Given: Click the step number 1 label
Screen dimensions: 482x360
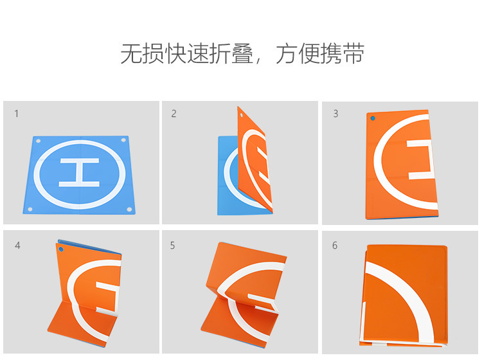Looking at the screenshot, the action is click(16, 114).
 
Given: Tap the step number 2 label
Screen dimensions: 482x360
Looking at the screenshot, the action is click(174, 114).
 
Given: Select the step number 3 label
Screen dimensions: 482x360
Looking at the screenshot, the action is click(335, 114).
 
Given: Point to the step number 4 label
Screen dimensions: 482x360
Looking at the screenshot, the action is click(17, 246).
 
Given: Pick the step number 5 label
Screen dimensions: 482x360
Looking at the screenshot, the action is click(172, 246).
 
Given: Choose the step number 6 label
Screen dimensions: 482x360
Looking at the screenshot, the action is click(335, 246).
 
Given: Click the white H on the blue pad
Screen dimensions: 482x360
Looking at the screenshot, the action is click(79, 173).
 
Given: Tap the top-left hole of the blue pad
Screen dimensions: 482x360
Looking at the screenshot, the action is click(39, 141).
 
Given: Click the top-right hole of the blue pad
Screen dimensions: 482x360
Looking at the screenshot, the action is click(123, 140).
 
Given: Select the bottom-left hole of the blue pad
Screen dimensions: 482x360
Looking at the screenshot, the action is click(30, 210).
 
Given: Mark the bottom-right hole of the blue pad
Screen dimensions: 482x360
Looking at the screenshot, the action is click(129, 210).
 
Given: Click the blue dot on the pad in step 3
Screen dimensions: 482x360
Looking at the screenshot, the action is click(373, 118).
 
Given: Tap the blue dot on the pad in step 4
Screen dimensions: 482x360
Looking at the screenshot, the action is click(61, 249).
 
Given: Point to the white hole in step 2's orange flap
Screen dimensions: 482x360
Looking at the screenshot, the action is click(241, 115).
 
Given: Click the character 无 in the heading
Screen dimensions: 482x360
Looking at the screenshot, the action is click(131, 54).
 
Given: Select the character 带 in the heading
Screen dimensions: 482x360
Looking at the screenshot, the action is click(354, 54).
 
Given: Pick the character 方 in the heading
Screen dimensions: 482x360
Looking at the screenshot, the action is click(287, 54).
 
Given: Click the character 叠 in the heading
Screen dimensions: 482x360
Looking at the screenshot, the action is click(242, 54).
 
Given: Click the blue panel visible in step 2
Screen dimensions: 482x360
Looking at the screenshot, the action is click(228, 175).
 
